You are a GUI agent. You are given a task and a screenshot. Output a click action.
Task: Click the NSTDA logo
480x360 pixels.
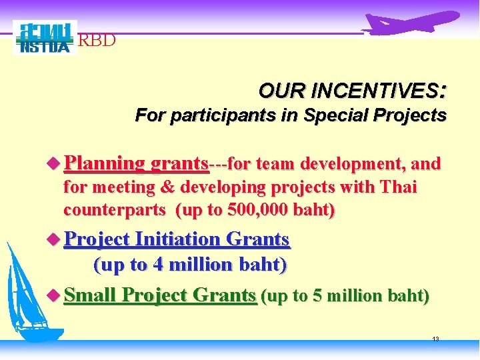click(45, 38)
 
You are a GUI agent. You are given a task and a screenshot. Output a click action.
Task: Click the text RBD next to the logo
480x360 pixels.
click(97, 41)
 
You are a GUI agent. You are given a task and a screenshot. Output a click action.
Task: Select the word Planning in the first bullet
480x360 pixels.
click(105, 164)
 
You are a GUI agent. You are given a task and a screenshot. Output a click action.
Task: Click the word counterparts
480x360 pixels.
click(115, 210)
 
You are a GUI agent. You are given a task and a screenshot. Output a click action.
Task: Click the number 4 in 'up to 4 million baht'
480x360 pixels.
click(158, 265)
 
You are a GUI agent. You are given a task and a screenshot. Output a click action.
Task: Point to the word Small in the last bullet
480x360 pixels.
click(91, 295)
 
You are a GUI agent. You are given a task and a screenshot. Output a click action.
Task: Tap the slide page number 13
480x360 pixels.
click(435, 339)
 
